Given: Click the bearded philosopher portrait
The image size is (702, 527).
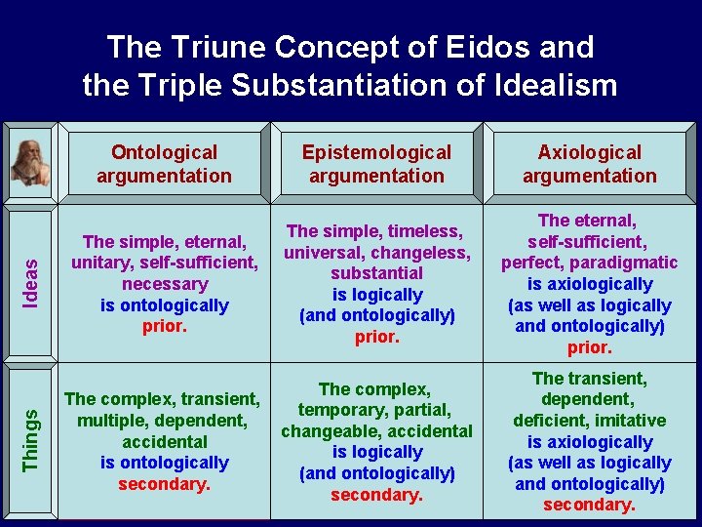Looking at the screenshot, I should tap(29, 162).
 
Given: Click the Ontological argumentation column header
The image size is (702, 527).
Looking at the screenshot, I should tap(164, 164).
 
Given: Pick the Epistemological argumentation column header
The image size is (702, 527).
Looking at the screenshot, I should tap(376, 164).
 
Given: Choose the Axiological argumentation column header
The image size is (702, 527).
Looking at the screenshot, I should tap(590, 164).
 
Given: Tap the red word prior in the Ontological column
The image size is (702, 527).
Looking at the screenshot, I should tap(164, 326).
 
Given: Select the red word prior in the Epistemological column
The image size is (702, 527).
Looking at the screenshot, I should tap(376, 337).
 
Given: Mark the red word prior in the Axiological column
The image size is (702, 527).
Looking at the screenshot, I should tap(590, 347).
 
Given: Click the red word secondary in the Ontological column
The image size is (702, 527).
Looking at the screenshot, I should tap(164, 484).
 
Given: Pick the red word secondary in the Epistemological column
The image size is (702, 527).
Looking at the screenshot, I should tap(376, 495).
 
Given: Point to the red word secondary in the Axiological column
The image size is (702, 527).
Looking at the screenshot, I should tap(590, 506).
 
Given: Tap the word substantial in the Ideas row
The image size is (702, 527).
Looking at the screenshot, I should tap(376, 273).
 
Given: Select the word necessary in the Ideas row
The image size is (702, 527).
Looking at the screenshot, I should tap(164, 284).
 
